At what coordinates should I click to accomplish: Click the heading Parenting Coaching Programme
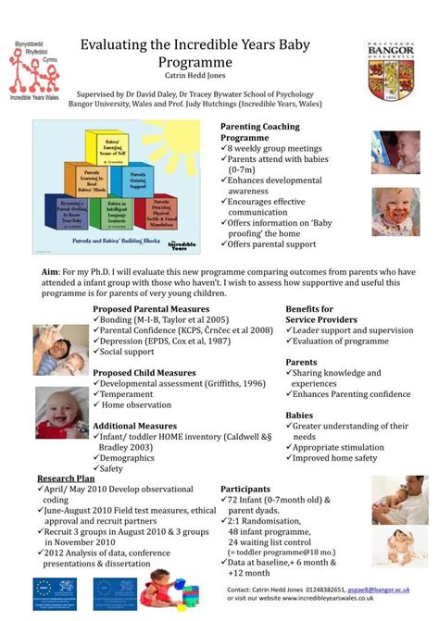pos(260,131)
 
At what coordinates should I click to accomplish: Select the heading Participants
pos(245,489)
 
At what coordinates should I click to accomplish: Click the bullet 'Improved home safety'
pos(333,457)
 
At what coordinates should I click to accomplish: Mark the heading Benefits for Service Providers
pos(320,314)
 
